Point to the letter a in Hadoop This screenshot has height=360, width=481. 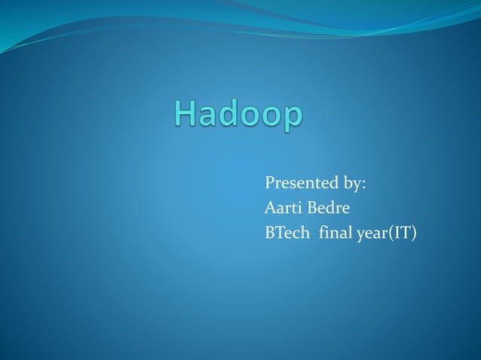pos(211,117)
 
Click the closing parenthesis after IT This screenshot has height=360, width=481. pos(413,233)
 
